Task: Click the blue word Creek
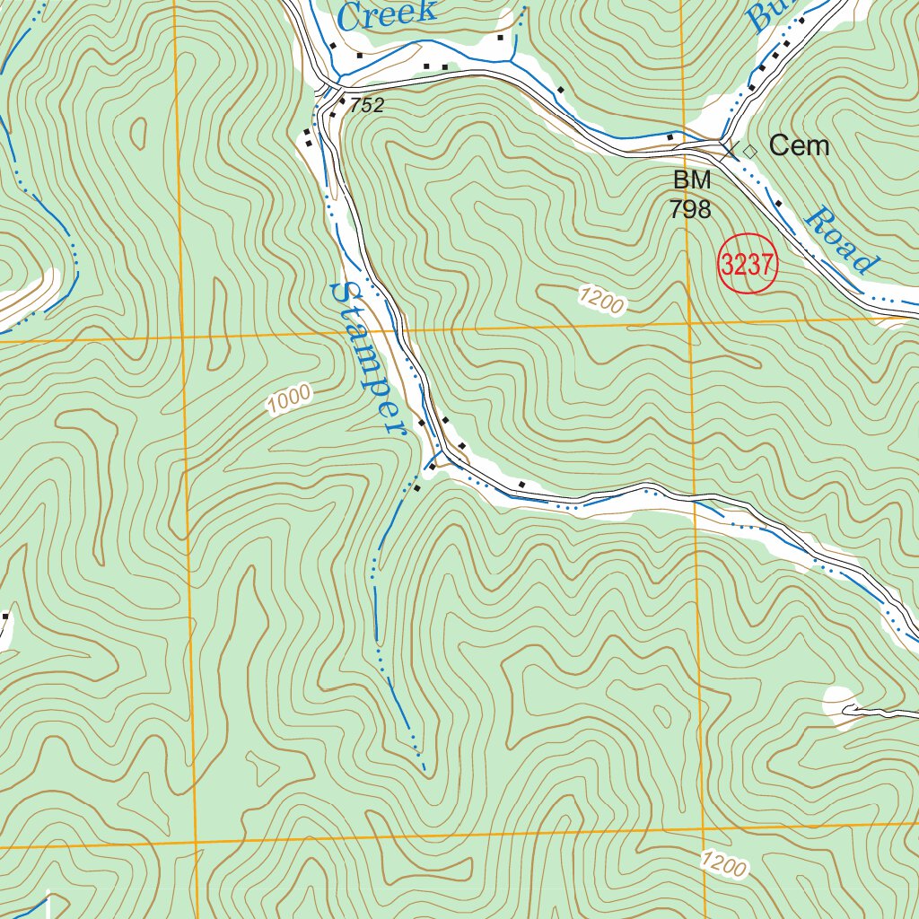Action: click(389, 13)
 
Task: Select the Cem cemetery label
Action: click(799, 145)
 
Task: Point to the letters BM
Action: click(692, 180)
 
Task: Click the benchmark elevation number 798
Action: click(691, 210)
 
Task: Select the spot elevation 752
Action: click(367, 106)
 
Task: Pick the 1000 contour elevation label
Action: click(288, 399)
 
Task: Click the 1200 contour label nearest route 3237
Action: click(600, 301)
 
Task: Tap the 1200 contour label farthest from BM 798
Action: click(723, 865)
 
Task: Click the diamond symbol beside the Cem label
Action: click(750, 152)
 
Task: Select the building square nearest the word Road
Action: click(778, 204)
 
